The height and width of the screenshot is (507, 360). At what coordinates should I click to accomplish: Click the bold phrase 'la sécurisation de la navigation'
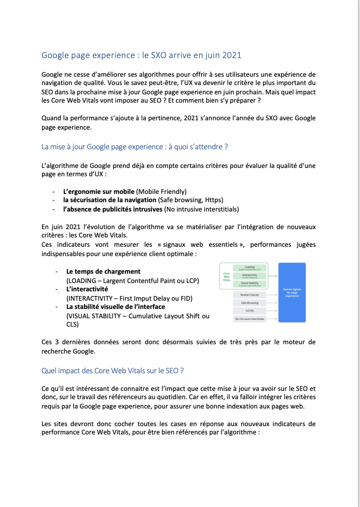[109, 200]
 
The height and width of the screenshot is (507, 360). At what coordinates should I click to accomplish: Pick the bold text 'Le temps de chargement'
[103, 271]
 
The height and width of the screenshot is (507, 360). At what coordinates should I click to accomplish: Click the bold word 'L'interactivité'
[87, 289]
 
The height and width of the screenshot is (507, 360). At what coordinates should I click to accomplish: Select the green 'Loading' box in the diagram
[250, 268]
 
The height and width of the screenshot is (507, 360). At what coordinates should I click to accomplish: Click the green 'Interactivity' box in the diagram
[250, 276]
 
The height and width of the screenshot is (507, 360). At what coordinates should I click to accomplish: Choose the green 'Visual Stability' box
[250, 284]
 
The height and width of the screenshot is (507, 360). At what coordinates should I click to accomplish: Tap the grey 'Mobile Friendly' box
[250, 294]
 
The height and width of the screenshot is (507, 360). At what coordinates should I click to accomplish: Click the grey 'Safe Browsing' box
[250, 302]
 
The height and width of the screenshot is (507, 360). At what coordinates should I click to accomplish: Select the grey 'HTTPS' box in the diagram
[250, 311]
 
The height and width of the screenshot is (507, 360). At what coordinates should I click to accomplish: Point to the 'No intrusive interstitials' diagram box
[250, 319]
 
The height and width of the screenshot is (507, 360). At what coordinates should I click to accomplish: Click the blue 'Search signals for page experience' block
[292, 292]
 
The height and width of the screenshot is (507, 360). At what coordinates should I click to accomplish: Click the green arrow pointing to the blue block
[273, 276]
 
